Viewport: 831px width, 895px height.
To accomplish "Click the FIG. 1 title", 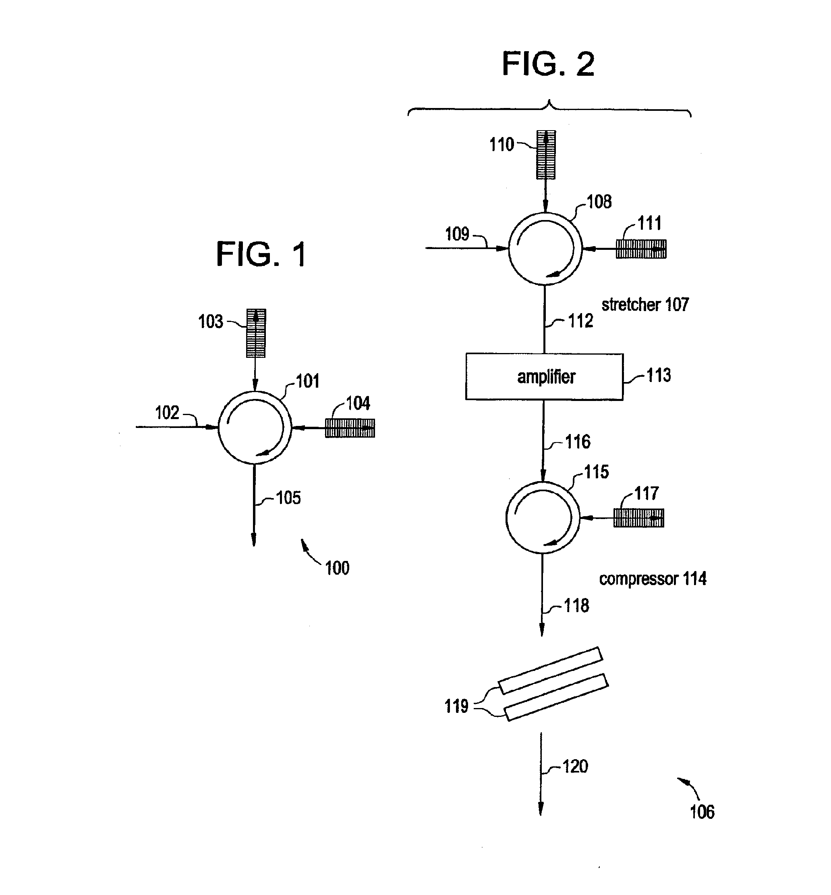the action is tap(261, 254).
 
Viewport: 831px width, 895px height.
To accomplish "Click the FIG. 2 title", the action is tap(548, 64).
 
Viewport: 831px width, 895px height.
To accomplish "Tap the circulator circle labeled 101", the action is tap(219, 427).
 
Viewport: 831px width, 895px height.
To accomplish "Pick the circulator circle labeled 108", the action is tap(509, 249).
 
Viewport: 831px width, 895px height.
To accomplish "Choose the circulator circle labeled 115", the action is tap(506, 518).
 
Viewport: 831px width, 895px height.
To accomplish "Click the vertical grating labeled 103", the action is tap(256, 333).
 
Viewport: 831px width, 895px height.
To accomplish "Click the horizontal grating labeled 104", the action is tap(350, 428).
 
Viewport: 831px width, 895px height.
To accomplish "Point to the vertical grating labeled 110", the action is tap(546, 155).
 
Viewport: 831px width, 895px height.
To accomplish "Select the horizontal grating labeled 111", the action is tap(641, 249).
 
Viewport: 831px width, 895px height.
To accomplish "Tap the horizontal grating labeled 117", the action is tap(638, 518).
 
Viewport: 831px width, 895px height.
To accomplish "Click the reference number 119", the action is tap(456, 706).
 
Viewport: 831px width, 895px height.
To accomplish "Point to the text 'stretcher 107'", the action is tap(645, 305).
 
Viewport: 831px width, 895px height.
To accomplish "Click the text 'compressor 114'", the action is tap(653, 579).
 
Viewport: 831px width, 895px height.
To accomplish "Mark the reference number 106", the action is tap(702, 812).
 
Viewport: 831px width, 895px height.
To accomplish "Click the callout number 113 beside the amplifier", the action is tap(659, 375).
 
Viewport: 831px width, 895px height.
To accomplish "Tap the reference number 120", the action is tap(575, 766).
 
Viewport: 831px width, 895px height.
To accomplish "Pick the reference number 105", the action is tap(288, 498).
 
